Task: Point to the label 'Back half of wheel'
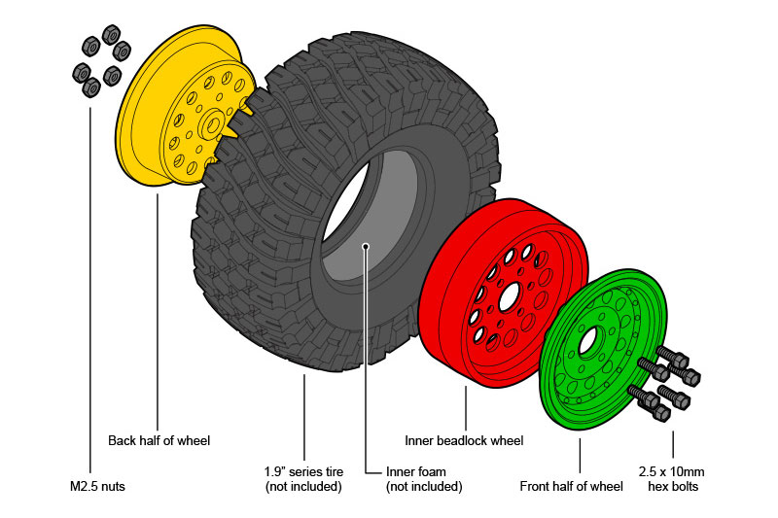pyautogui.click(x=159, y=440)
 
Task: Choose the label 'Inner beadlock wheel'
pyautogui.click(x=464, y=440)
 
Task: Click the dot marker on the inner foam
pyautogui.click(x=366, y=246)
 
